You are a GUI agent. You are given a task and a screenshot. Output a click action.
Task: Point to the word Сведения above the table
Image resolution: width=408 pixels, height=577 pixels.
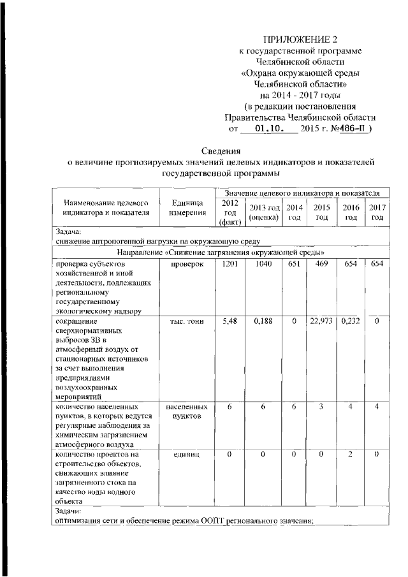coord(221,151)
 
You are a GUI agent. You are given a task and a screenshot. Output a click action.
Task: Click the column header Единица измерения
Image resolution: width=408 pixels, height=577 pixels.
coord(187,208)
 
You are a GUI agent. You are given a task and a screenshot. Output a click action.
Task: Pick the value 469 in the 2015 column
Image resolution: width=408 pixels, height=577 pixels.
coord(321,265)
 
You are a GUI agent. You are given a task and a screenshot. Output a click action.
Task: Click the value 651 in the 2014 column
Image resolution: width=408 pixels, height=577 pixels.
coord(294,265)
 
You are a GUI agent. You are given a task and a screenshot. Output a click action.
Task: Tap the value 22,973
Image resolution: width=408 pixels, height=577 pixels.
coord(321,323)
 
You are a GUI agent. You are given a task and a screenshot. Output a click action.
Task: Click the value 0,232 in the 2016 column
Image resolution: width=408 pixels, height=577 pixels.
coord(351,323)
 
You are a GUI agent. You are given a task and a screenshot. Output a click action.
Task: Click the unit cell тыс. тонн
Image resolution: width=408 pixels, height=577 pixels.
coord(187,323)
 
